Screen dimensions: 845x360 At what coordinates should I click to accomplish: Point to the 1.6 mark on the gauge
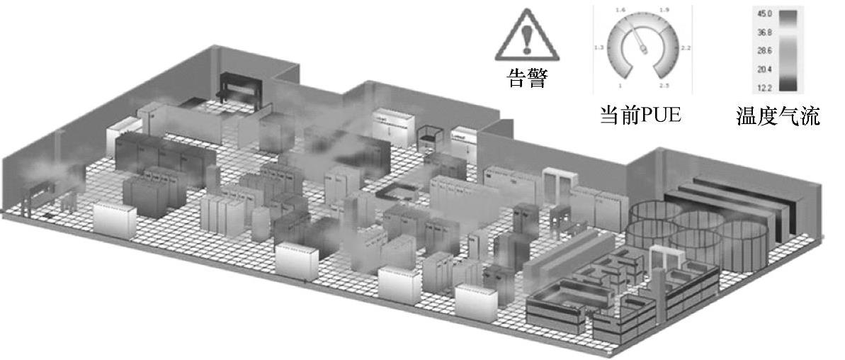pyautogui.click(x=620, y=9)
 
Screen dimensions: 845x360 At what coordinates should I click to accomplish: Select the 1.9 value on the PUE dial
pyautogui.click(x=664, y=9)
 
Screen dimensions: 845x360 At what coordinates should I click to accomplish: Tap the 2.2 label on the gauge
pyautogui.click(x=686, y=48)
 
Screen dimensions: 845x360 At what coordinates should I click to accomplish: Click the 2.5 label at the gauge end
pyautogui.click(x=664, y=86)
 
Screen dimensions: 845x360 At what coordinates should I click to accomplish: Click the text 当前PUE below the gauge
pyautogui.click(x=640, y=116)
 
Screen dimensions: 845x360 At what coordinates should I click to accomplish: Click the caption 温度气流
pyautogui.click(x=778, y=116)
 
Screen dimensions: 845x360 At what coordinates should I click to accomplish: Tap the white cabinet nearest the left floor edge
pyautogui.click(x=114, y=220)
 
